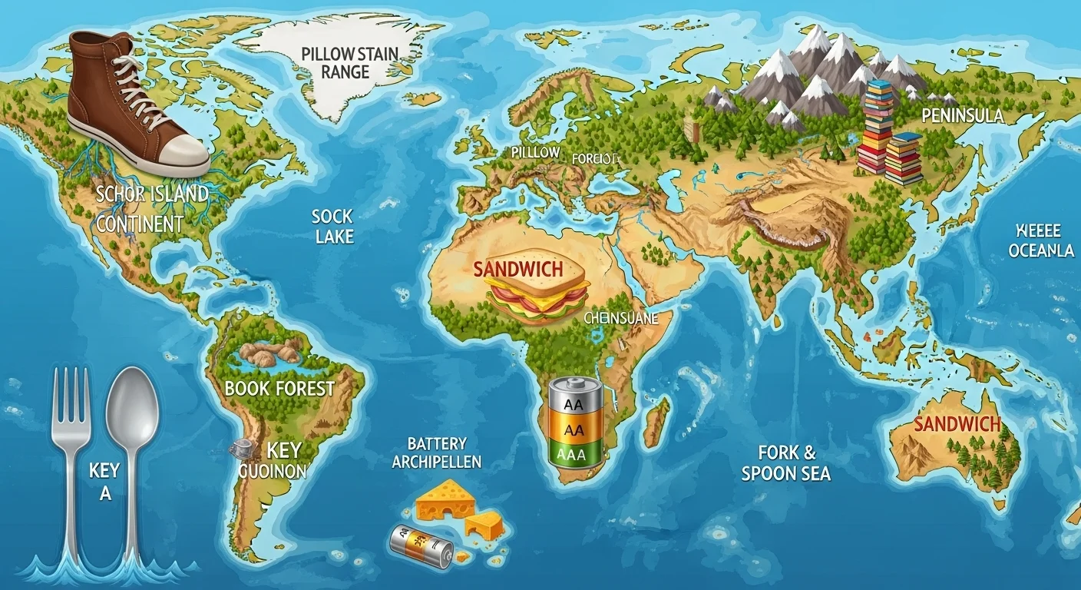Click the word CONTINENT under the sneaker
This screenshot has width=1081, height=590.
(x=140, y=224)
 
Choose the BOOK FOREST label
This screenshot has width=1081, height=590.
(x=279, y=388)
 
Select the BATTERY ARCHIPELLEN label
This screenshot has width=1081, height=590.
(x=437, y=453)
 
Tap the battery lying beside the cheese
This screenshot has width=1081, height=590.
(x=421, y=546)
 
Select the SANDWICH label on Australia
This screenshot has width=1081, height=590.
(x=957, y=424)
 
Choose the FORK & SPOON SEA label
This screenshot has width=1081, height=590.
(x=786, y=462)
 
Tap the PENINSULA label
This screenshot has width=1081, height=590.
(x=962, y=116)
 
